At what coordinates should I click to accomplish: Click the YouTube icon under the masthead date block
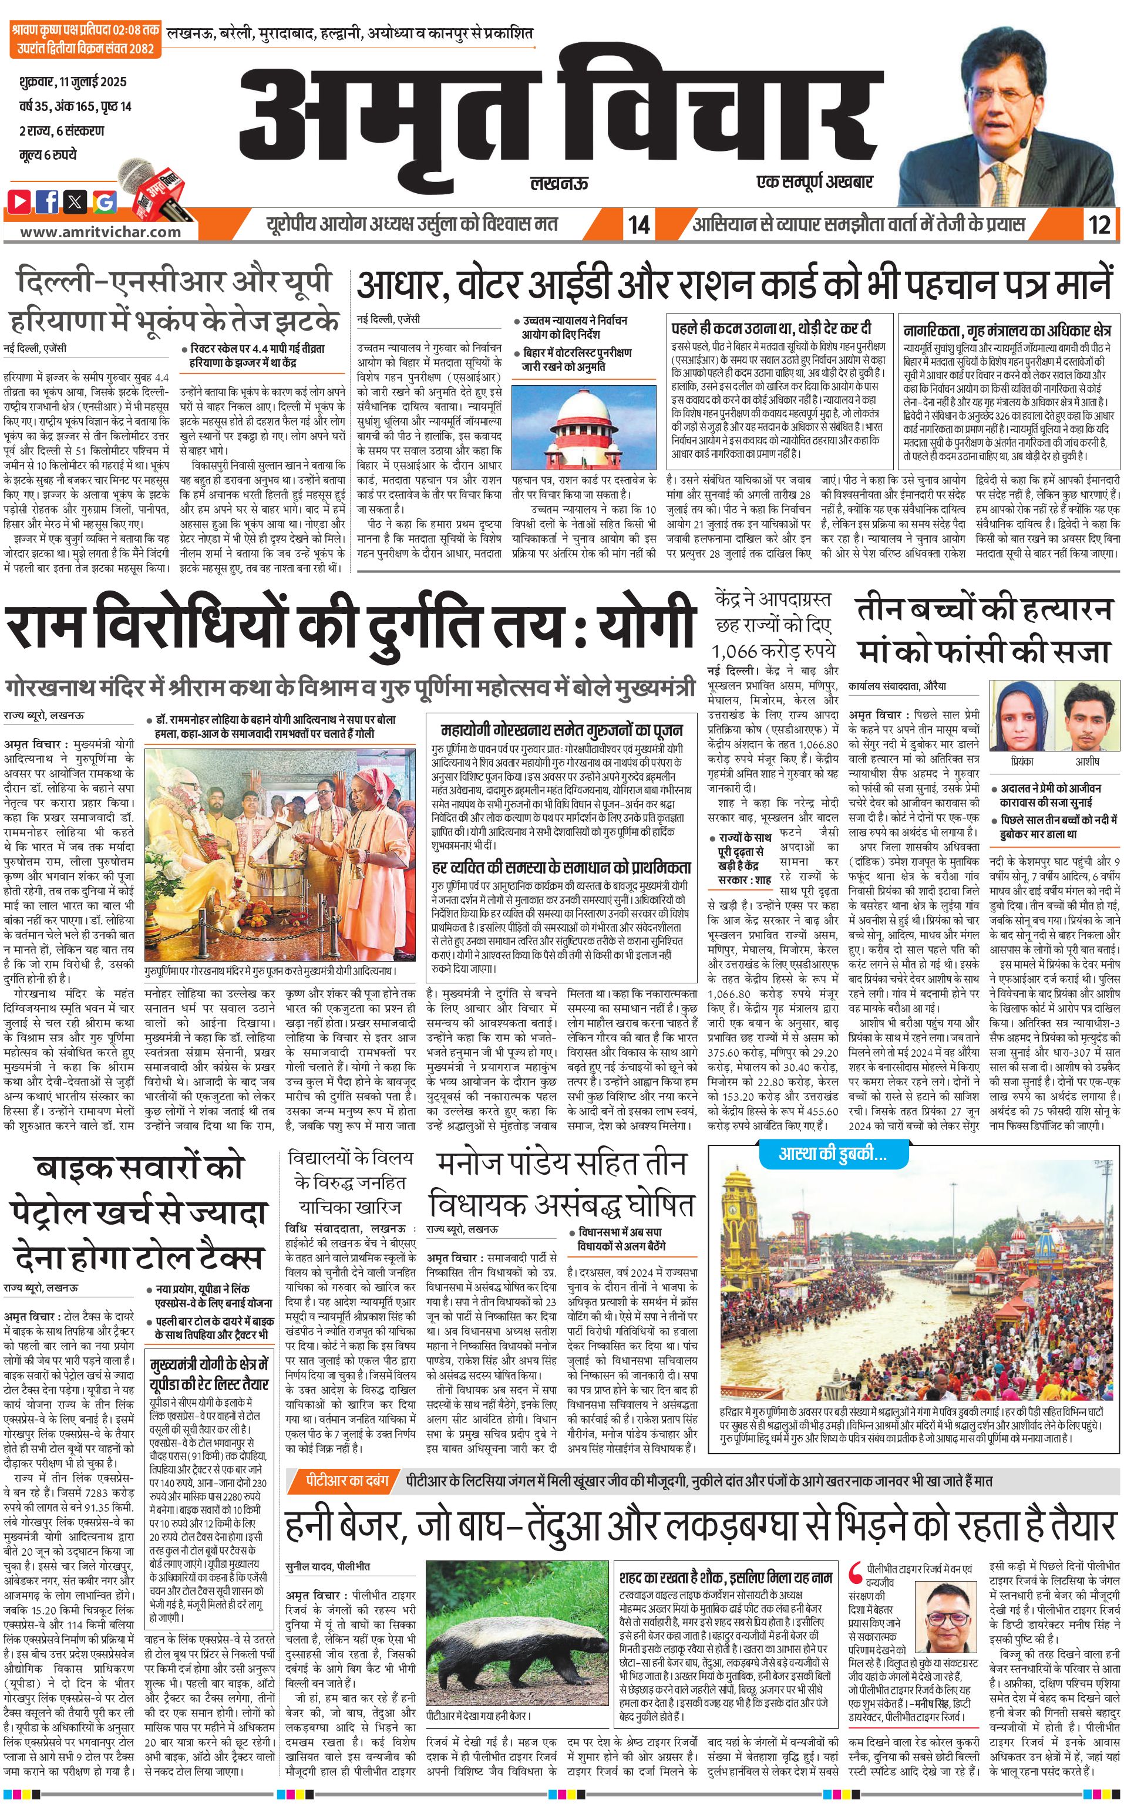pos(20,201)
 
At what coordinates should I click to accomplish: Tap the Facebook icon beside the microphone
pos(48,201)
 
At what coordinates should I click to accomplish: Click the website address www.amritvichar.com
pos(100,231)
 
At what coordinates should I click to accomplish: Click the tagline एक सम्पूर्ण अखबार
pos(814,181)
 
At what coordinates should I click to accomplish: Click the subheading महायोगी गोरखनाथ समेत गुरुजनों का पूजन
pos(561,729)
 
